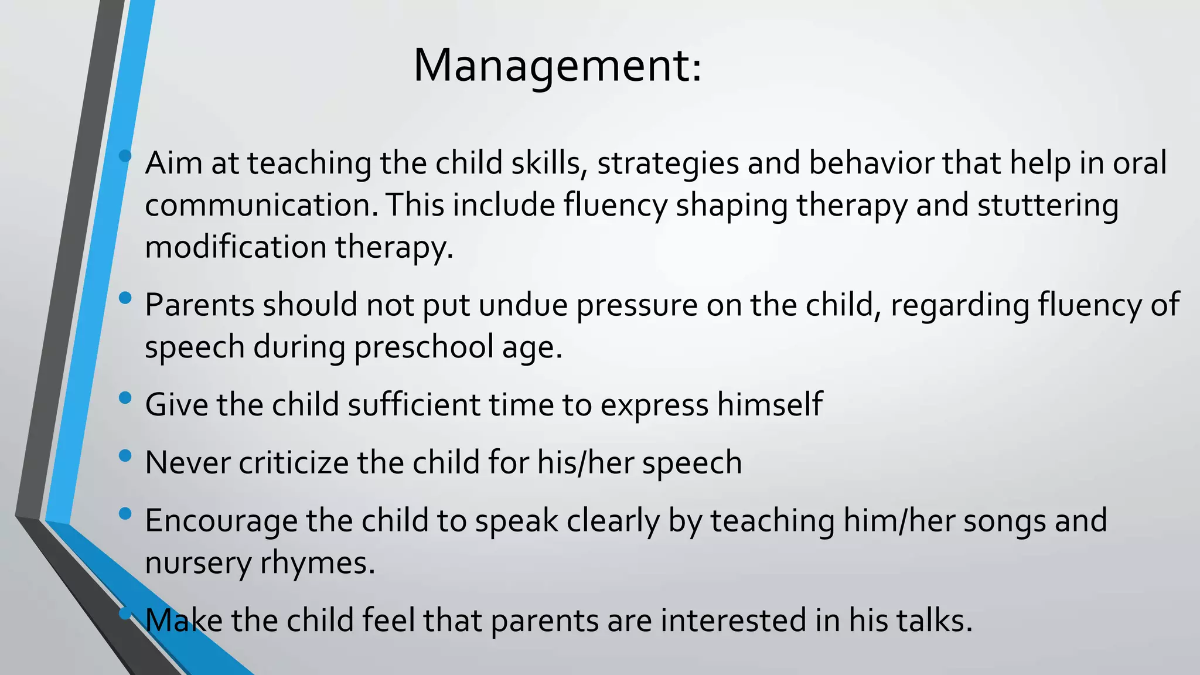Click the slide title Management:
click(x=557, y=66)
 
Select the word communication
click(x=261, y=205)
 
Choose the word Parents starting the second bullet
click(x=199, y=305)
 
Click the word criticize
click(x=294, y=462)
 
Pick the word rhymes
click(x=317, y=563)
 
